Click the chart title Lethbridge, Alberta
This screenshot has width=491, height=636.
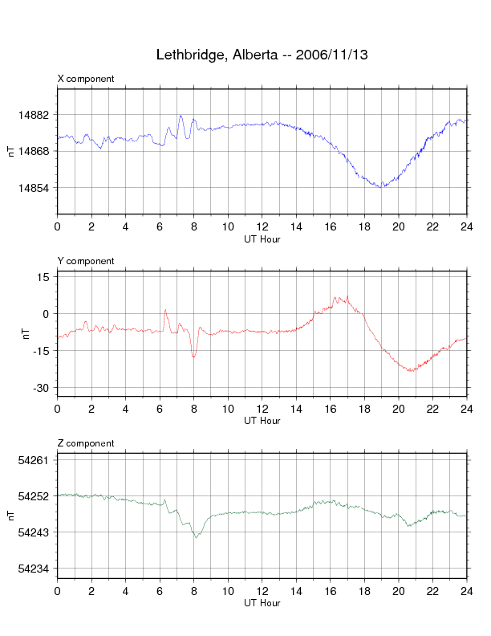pyautogui.click(x=217, y=55)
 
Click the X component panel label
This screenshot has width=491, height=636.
pyautogui.click(x=86, y=79)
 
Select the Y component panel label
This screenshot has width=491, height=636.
pyautogui.click(x=86, y=261)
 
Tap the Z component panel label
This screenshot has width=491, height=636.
pyautogui.click(x=86, y=443)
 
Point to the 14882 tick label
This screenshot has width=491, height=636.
pyautogui.click(x=34, y=115)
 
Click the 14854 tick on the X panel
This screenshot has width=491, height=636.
pyautogui.click(x=34, y=188)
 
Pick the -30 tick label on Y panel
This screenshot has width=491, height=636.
pyautogui.click(x=41, y=388)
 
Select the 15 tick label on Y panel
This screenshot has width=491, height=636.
pyautogui.click(x=43, y=277)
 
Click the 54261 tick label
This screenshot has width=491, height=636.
pyautogui.click(x=34, y=460)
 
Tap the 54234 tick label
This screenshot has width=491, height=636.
pyautogui.click(x=34, y=569)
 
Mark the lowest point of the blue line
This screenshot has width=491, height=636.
pyautogui.click(x=381, y=187)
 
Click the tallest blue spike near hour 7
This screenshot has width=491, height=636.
pyautogui.click(x=181, y=116)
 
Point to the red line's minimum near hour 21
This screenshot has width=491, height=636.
pyautogui.click(x=411, y=371)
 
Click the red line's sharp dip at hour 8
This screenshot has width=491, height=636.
pyautogui.click(x=193, y=357)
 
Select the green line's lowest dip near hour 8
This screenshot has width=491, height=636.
pyautogui.click(x=196, y=537)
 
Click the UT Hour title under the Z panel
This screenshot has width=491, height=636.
pyautogui.click(x=262, y=603)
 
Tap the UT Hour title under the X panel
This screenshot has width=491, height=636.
pyautogui.click(x=262, y=239)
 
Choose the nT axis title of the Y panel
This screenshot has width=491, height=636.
pyautogui.click(x=26, y=334)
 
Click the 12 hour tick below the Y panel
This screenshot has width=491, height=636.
pyautogui.click(x=262, y=409)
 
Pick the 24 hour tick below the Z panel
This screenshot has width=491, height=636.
pyautogui.click(x=467, y=591)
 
